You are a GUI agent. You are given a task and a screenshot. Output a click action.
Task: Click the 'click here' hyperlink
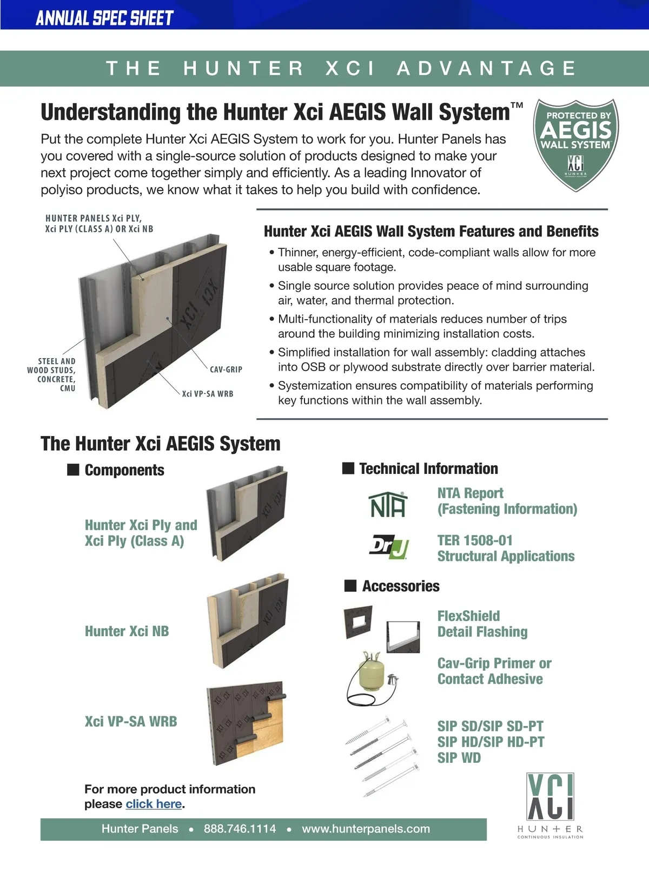[154, 803]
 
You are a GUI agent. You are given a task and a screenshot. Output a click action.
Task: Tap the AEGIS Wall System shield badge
[575, 145]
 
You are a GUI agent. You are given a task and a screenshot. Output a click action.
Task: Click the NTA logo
[388, 504]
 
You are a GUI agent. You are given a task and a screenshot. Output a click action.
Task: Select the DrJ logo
[389, 547]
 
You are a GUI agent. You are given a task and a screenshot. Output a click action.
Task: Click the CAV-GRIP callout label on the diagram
[226, 369]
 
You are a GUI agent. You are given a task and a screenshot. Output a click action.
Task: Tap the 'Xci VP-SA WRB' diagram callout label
[208, 394]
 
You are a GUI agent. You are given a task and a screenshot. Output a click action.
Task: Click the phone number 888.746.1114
[240, 829]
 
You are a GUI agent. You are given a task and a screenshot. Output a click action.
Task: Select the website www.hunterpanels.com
[366, 829]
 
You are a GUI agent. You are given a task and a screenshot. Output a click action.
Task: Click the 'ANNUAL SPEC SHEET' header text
[105, 18]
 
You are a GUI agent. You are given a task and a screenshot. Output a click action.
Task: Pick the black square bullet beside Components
[73, 470]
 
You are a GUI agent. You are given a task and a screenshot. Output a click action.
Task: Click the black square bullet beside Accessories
[350, 586]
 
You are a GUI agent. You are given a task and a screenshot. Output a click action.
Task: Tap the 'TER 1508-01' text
[475, 540]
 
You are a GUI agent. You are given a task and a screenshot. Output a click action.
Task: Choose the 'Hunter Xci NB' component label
[127, 631]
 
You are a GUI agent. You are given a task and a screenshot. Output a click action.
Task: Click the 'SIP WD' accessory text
[459, 757]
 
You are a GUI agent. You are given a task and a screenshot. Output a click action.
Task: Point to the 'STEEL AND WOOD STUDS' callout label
[51, 374]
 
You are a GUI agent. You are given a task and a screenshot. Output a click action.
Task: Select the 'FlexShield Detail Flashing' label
[482, 623]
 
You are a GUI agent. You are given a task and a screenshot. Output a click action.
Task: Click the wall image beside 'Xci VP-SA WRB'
[247, 723]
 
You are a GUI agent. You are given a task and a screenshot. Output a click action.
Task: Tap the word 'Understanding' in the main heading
[111, 113]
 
